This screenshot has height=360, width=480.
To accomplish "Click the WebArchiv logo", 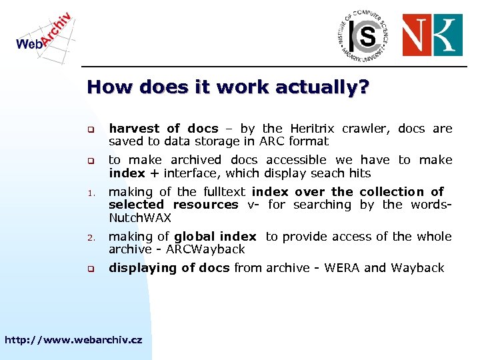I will (44, 33).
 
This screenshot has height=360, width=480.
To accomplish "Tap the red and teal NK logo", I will (431, 35).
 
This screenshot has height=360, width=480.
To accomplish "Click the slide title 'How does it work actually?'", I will (228, 87).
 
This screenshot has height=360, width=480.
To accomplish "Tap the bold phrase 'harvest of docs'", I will (163, 129).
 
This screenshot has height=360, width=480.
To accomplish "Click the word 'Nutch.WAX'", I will (140, 218).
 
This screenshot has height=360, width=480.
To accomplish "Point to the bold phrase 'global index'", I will (215, 237).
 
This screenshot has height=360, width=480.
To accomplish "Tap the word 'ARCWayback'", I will (212, 249).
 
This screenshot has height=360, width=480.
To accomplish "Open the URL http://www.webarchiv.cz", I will (73, 340).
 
